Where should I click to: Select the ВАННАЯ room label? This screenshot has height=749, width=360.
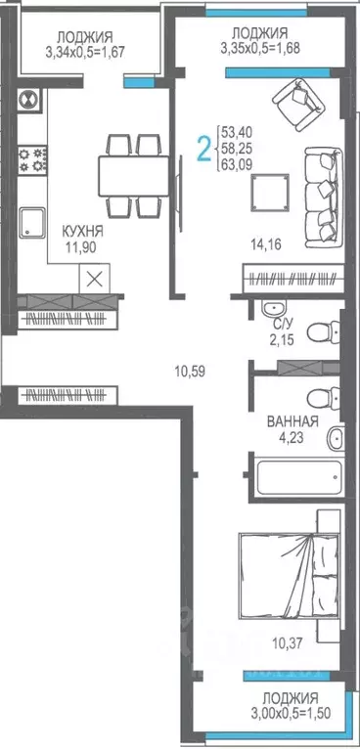click(292, 422)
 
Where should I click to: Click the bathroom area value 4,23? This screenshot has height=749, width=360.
click(292, 439)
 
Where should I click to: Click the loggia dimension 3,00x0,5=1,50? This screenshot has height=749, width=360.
click(291, 713)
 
